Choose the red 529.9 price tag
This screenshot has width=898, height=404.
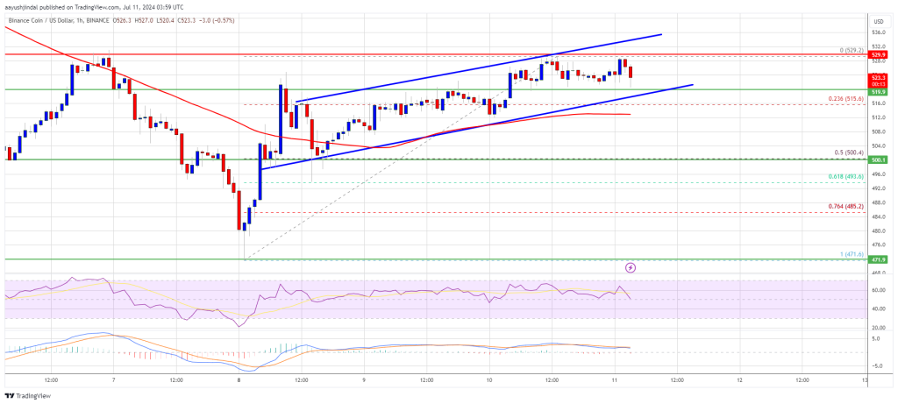click(x=878, y=53)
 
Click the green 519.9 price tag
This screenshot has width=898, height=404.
click(x=878, y=89)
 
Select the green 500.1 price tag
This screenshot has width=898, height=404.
click(x=878, y=159)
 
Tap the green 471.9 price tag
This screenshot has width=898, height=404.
click(x=878, y=260)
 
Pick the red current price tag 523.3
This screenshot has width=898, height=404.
click(x=878, y=76)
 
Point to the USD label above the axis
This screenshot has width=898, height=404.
click(x=878, y=20)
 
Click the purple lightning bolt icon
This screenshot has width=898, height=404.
click(x=631, y=266)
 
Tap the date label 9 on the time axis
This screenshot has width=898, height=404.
click(x=363, y=381)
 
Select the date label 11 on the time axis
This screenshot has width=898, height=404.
click(x=613, y=381)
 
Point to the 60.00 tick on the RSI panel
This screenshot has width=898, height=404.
click(x=878, y=290)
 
